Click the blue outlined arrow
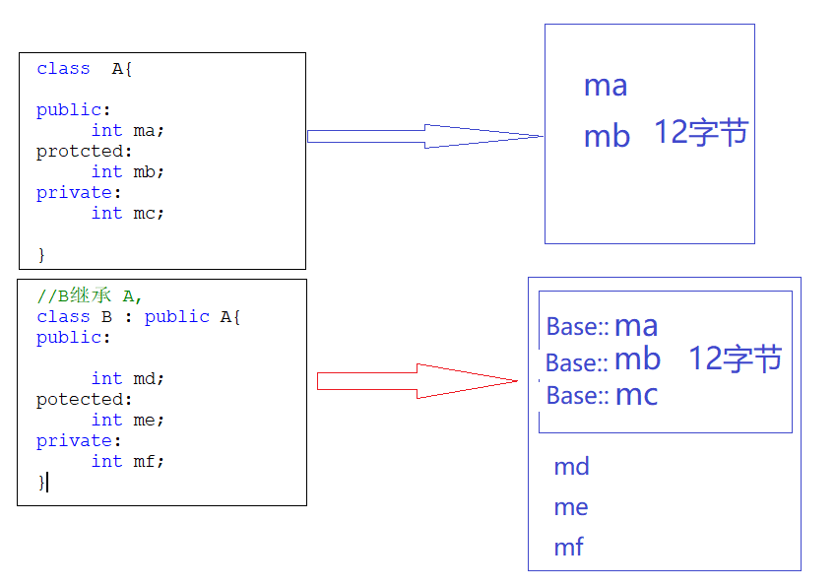pyautogui.click(x=425, y=136)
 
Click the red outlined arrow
pyautogui.click(x=417, y=381)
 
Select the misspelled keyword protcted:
pyautogui.click(x=84, y=152)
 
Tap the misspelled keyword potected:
pyautogui.click(x=84, y=400)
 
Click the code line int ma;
pyautogui.click(x=128, y=131)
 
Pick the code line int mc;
pyautogui.click(x=128, y=213)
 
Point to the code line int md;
pyautogui.click(x=128, y=379)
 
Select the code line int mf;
pyautogui.click(x=128, y=461)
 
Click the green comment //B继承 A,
pyautogui.click(x=90, y=295)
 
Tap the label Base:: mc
pyautogui.click(x=602, y=396)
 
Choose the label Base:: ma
pyautogui.click(x=602, y=326)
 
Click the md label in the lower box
pyautogui.click(x=571, y=467)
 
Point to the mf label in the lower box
pyautogui.click(x=569, y=547)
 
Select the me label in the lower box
pyautogui.click(x=571, y=507)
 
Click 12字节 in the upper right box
pyautogui.click(x=701, y=132)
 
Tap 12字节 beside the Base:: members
pyautogui.click(x=736, y=358)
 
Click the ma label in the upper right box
pyautogui.click(x=606, y=87)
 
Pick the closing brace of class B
pyautogui.click(x=41, y=482)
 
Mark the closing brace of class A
pyautogui.click(x=41, y=255)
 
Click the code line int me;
pyautogui.click(x=128, y=421)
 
